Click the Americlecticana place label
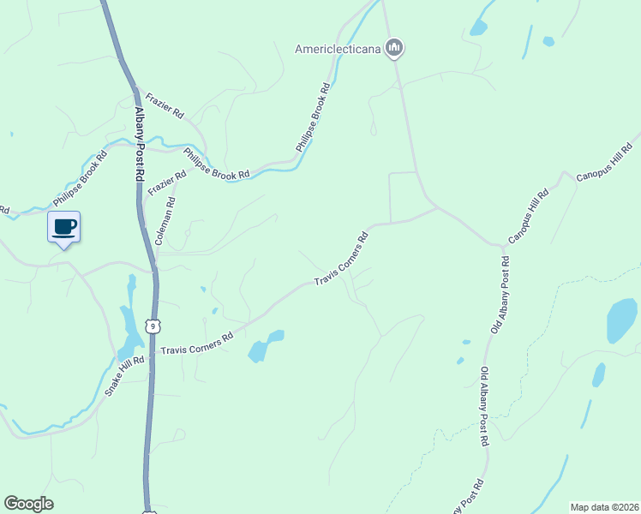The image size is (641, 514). (x=337, y=48)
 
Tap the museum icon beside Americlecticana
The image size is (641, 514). (x=394, y=47)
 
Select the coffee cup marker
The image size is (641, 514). (x=63, y=228)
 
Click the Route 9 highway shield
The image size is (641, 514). (x=153, y=326)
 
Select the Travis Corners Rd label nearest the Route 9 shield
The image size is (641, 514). (x=197, y=344)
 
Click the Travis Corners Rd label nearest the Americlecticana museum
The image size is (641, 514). (x=341, y=259)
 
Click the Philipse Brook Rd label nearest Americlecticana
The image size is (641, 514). (x=313, y=118)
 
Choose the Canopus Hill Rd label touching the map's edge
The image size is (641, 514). (x=603, y=162)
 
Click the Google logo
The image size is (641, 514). (x=28, y=504)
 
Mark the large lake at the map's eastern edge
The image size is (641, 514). (x=621, y=320)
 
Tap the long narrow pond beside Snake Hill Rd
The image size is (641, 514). (x=129, y=326)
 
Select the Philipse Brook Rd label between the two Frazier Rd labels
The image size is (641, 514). (x=216, y=163)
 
